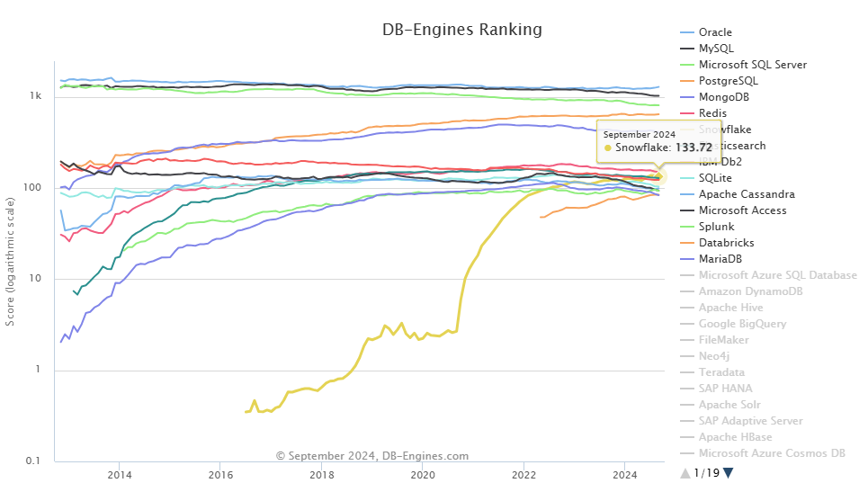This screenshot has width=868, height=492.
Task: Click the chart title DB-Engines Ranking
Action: coord(462,30)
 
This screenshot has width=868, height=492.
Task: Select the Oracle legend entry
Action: coord(715,32)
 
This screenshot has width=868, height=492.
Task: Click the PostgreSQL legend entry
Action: coord(728,81)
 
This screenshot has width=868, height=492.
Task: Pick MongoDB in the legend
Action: coord(723,97)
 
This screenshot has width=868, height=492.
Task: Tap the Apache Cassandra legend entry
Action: coord(746,194)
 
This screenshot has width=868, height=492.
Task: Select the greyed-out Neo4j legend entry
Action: coord(714,356)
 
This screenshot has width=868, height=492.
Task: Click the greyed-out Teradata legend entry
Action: coord(721,372)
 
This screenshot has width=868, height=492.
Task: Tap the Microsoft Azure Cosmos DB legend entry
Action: coord(771,453)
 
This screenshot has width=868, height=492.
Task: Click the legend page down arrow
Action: coord(729,473)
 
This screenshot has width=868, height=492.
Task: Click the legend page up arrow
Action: coord(685,473)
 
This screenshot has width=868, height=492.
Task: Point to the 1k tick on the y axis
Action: coord(37,95)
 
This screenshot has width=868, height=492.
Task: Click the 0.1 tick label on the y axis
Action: coord(35,461)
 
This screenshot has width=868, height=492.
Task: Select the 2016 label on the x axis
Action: coord(220,475)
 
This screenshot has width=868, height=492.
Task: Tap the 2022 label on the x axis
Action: coord(523,475)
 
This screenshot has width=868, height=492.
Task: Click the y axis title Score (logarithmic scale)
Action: coord(10,261)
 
